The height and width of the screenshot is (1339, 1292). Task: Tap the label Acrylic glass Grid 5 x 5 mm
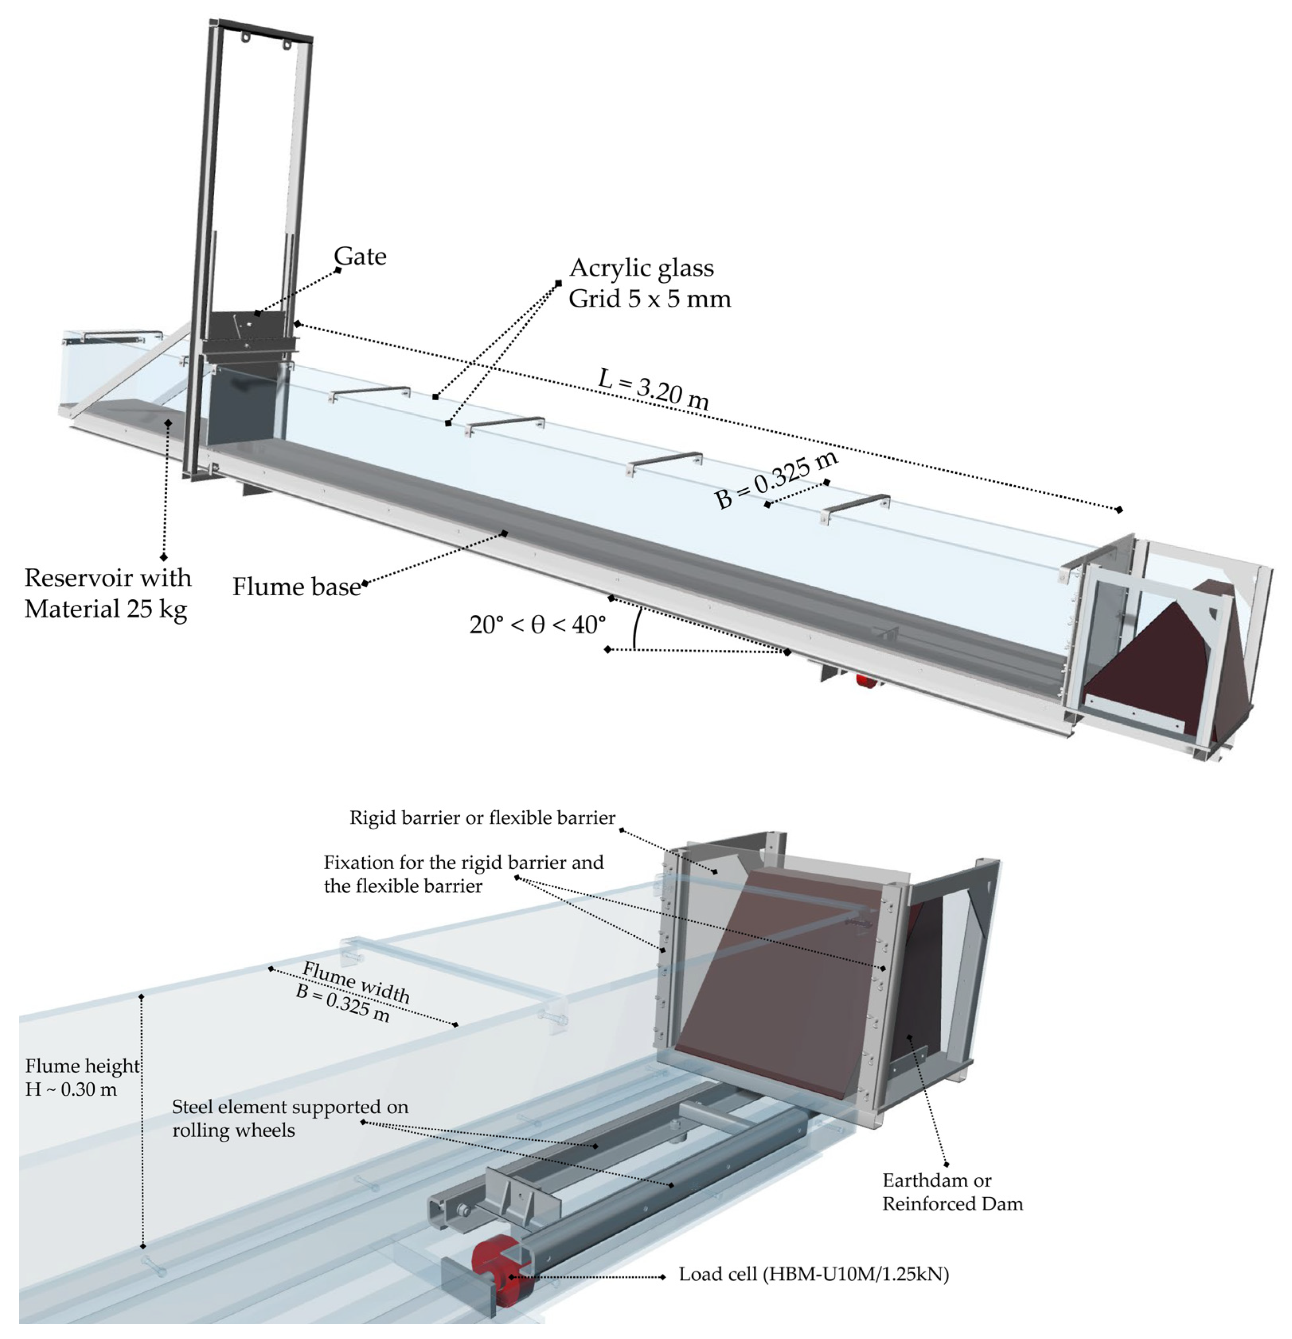coord(649,283)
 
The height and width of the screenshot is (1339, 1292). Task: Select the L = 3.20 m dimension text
coord(653,389)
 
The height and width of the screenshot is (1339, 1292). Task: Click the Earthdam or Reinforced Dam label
coord(952,1191)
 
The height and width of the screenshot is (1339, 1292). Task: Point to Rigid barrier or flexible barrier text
coord(482,818)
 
